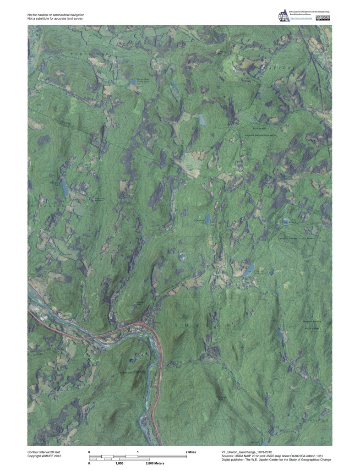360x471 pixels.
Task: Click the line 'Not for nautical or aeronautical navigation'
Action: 56,15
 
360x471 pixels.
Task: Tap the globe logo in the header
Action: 283,16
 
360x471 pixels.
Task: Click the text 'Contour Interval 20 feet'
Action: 46,452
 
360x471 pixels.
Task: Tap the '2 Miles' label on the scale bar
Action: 191,452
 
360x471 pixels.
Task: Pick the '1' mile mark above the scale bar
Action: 138,452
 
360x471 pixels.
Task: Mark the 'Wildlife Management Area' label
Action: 261,136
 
